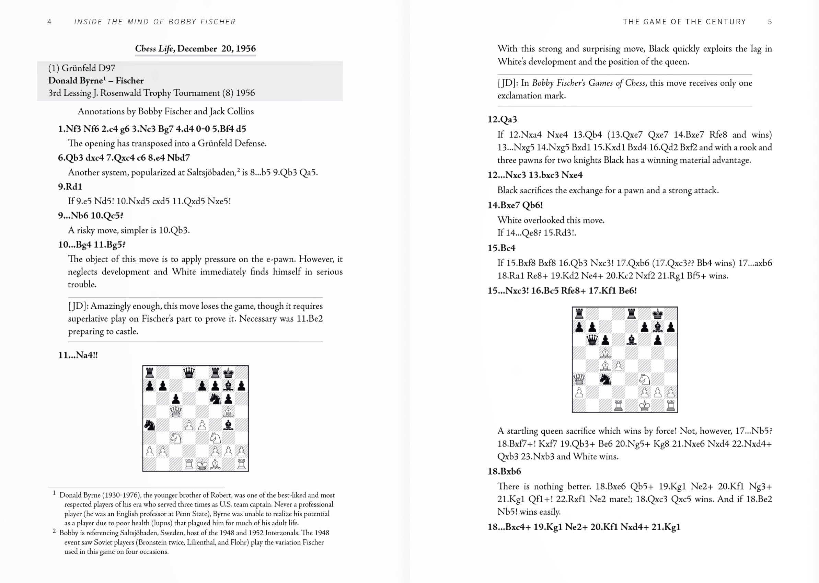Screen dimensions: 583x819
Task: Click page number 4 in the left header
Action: coord(49,22)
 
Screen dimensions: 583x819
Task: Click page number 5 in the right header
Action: coord(770,22)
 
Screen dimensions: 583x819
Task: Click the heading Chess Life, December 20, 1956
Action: coord(195,48)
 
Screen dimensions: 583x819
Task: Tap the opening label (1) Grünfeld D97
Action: coord(82,68)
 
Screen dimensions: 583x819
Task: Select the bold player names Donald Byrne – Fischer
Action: coord(96,80)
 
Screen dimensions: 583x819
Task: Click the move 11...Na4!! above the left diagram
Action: coord(78,355)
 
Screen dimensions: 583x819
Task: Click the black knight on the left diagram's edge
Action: coord(149,425)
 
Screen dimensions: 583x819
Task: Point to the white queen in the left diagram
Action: coord(175,412)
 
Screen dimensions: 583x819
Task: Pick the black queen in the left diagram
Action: coord(189,373)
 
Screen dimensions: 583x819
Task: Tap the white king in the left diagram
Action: coord(202,464)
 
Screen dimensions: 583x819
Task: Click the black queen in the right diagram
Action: coord(592,340)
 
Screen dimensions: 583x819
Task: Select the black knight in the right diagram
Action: coord(605,379)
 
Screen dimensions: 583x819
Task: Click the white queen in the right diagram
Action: coord(579,379)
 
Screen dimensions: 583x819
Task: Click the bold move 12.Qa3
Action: coord(502,119)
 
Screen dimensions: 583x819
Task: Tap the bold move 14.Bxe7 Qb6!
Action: coord(515,205)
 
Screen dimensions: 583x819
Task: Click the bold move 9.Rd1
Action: coord(70,187)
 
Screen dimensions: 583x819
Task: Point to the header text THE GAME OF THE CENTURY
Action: coord(684,22)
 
